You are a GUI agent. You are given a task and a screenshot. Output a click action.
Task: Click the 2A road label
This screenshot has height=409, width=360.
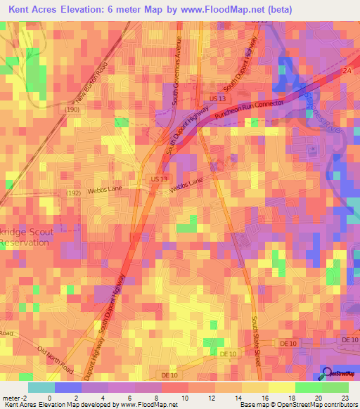click(x=345, y=71)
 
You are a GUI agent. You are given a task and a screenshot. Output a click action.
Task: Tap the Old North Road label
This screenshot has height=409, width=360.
click(x=56, y=359)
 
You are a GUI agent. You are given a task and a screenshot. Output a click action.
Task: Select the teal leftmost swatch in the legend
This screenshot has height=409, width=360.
click(x=41, y=387)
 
